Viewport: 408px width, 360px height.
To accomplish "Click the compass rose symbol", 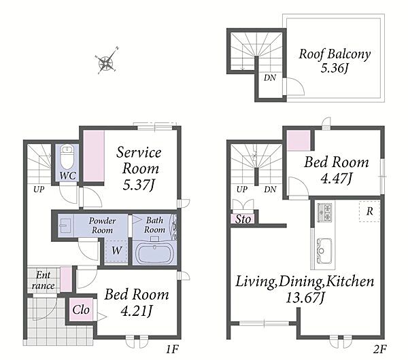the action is click(x=107, y=62).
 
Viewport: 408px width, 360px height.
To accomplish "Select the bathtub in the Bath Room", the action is click(x=154, y=253).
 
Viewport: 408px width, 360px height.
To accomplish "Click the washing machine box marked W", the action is click(x=116, y=251).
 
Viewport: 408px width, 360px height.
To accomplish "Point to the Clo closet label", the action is click(x=81, y=310).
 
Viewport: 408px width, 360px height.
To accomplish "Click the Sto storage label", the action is click(x=243, y=219).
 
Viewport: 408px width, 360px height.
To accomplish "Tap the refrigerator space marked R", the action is click(x=369, y=211).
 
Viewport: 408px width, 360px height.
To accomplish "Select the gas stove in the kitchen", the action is click(x=324, y=212).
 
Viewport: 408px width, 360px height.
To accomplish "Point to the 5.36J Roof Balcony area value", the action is click(x=335, y=69).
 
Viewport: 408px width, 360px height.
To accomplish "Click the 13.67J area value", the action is click(x=305, y=298).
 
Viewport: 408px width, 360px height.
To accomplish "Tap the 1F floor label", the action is click(x=172, y=349).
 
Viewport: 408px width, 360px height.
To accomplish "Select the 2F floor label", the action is click(x=380, y=349).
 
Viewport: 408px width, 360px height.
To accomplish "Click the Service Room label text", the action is click(x=139, y=160).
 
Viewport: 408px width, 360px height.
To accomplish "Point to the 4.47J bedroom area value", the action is click(x=337, y=179).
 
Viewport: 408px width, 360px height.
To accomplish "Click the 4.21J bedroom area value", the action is click(x=137, y=310).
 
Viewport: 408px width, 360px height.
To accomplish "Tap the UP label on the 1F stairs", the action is click(x=39, y=190).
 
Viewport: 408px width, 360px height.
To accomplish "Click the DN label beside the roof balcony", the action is click(x=270, y=77).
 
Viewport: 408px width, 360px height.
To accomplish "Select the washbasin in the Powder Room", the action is click(x=65, y=226).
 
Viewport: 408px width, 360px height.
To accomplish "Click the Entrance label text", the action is click(x=43, y=281).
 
